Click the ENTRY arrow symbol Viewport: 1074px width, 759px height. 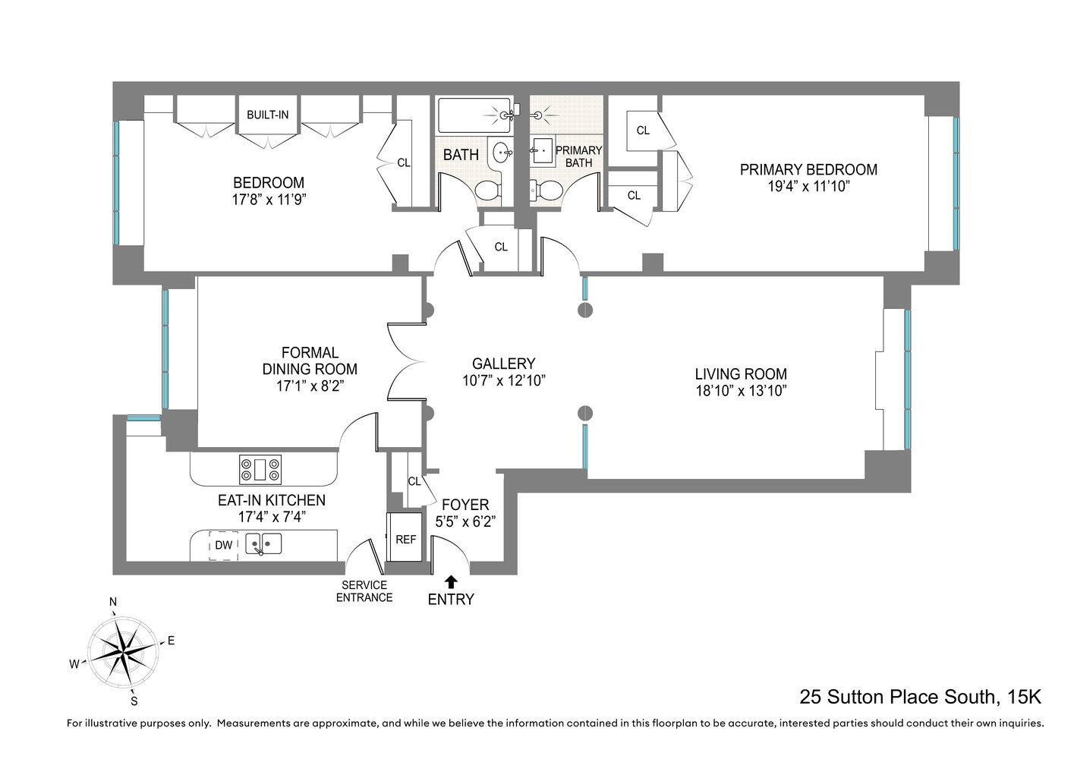pyautogui.click(x=451, y=582)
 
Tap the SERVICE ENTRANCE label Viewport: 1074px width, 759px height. pyautogui.click(x=364, y=591)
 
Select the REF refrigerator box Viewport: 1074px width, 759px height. pyautogui.click(x=405, y=539)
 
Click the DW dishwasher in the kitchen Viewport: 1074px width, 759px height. pyautogui.click(x=224, y=545)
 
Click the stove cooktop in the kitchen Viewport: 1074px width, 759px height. pyautogui.click(x=260, y=470)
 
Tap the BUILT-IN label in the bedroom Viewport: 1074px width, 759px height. pyautogui.click(x=267, y=115)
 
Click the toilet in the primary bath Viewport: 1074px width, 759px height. pyautogui.click(x=544, y=191)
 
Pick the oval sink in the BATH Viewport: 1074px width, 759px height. pyautogui.click(x=502, y=153)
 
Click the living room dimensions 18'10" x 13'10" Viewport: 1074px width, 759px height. pyautogui.click(x=741, y=391)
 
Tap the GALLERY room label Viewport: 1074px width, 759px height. pyautogui.click(x=503, y=364)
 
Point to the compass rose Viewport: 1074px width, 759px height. pyautogui.click(x=123, y=651)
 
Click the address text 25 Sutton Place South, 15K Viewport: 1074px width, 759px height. pyautogui.click(x=920, y=697)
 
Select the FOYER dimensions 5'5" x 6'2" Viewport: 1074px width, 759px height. pyautogui.click(x=465, y=522)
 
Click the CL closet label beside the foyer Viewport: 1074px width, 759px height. pyautogui.click(x=414, y=481)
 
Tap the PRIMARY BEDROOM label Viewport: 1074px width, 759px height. pyautogui.click(x=808, y=170)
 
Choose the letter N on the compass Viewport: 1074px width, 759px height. pyautogui.click(x=113, y=602)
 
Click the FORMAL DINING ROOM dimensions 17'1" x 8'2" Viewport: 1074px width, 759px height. pyautogui.click(x=310, y=386)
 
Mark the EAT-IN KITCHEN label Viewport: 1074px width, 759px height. pyautogui.click(x=272, y=500)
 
